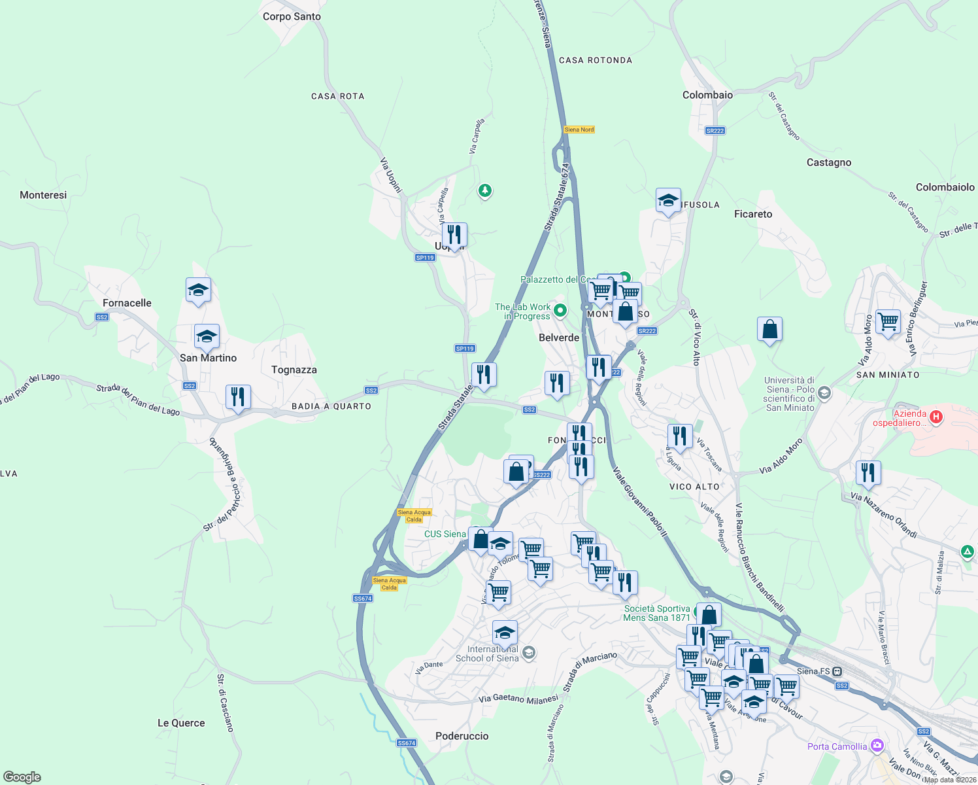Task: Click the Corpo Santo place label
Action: [292, 16]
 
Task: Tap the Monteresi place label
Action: [43, 195]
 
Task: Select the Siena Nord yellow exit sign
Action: [579, 130]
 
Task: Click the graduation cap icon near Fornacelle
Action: [198, 290]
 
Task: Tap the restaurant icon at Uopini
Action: [454, 234]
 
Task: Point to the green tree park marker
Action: [484, 190]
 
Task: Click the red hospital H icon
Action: [936, 416]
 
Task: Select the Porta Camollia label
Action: [837, 746]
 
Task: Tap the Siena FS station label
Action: [813, 671]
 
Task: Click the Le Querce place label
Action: [181, 723]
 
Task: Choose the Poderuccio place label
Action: [462, 736]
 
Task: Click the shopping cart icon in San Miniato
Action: [888, 321]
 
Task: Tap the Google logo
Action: [22, 776]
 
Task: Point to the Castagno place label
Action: [828, 162]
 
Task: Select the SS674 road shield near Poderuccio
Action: [407, 742]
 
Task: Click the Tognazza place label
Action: [294, 370]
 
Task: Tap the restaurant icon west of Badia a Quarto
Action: [238, 396]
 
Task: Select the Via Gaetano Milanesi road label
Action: [518, 699]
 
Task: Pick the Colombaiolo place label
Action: [945, 187]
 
